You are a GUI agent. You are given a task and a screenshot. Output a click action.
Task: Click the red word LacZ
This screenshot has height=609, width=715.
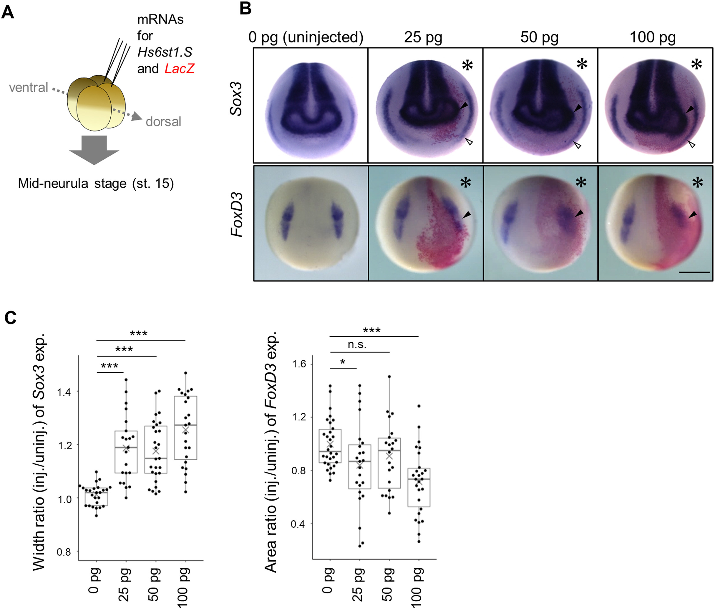pyautogui.click(x=179, y=68)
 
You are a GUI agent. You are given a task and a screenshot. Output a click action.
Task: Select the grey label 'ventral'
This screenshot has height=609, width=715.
pyautogui.click(x=28, y=88)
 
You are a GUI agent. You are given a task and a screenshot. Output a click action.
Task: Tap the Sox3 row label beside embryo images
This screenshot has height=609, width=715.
pyautogui.click(x=237, y=99)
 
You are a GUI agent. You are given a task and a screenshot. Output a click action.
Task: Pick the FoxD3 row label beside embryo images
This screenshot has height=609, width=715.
pyautogui.click(x=237, y=215)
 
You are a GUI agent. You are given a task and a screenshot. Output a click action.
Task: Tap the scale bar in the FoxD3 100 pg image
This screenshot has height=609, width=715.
pyautogui.click(x=694, y=272)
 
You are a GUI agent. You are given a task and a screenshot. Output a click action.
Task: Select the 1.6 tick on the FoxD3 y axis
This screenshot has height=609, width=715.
pyautogui.click(x=299, y=364)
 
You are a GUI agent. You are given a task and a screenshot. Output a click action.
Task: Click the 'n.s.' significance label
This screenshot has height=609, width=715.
pyautogui.click(x=357, y=344)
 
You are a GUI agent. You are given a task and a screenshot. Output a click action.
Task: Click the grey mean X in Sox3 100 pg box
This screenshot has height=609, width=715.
pyautogui.click(x=185, y=430)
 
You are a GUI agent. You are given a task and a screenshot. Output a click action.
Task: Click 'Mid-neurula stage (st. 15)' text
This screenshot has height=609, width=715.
pyautogui.click(x=96, y=183)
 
